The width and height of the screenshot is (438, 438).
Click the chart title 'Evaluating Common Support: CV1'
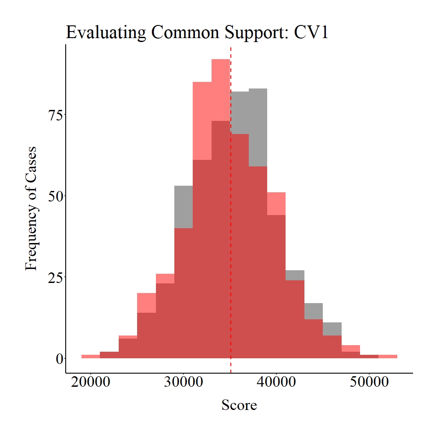click(197, 33)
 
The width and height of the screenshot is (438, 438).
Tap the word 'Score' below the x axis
click(239, 405)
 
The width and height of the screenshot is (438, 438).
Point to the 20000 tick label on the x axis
click(91, 382)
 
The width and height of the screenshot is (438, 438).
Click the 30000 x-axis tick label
click(183, 382)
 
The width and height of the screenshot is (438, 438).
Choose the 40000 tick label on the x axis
click(276, 382)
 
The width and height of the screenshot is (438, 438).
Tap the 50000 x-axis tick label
click(369, 382)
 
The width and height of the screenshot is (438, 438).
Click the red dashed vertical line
click(231, 219)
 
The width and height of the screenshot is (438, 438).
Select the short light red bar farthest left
click(91, 357)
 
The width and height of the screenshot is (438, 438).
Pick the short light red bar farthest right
click(388, 357)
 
